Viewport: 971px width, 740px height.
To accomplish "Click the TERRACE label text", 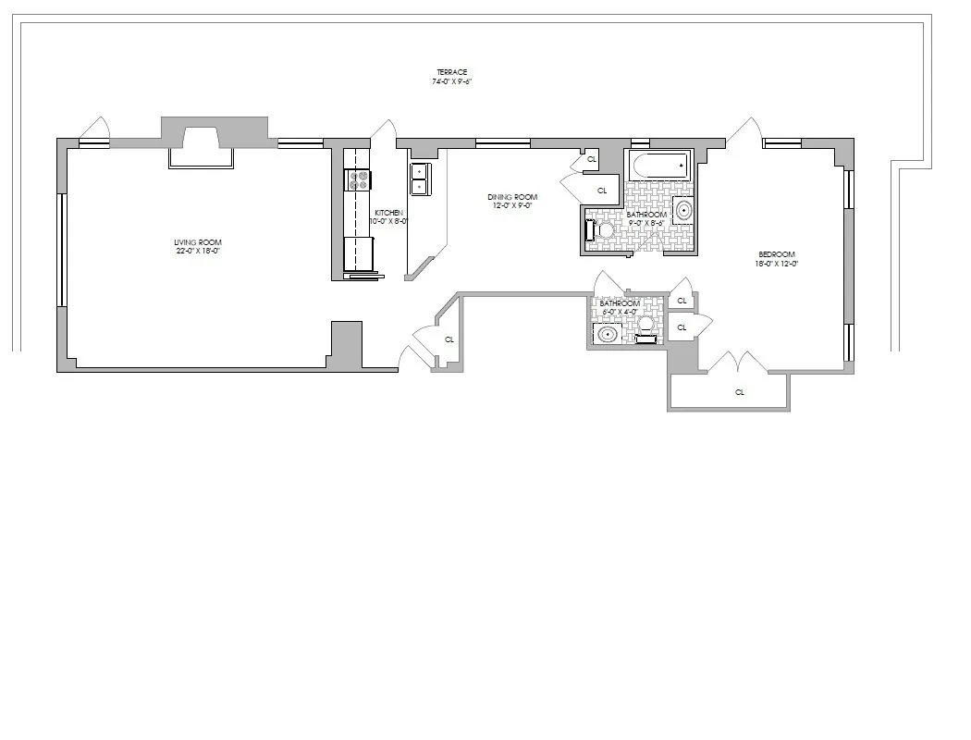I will [453, 72].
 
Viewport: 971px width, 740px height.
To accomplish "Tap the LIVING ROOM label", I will [199, 242].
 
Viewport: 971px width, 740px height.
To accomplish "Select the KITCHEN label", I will [388, 212].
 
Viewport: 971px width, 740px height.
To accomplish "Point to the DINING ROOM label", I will [512, 197].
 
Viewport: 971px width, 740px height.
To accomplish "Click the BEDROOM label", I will [777, 254].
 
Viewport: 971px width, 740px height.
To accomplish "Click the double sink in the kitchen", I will [418, 179].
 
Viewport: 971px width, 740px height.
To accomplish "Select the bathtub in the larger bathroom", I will [659, 166].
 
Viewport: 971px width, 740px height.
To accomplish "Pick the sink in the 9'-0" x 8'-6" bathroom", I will [683, 211].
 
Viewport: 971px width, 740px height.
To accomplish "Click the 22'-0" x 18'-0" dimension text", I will [199, 251].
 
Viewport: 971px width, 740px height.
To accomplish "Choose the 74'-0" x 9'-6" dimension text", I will [453, 81].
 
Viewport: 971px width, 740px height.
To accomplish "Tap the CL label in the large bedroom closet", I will [740, 392].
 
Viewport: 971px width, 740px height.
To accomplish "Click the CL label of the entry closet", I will [449, 339].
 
